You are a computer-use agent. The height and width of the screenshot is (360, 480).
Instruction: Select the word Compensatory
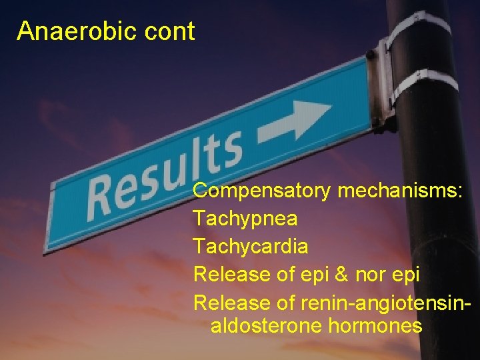pos(261,191)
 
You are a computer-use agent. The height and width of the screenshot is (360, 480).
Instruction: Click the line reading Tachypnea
pos(245,219)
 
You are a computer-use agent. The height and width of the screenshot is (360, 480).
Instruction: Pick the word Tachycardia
pos(251,246)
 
